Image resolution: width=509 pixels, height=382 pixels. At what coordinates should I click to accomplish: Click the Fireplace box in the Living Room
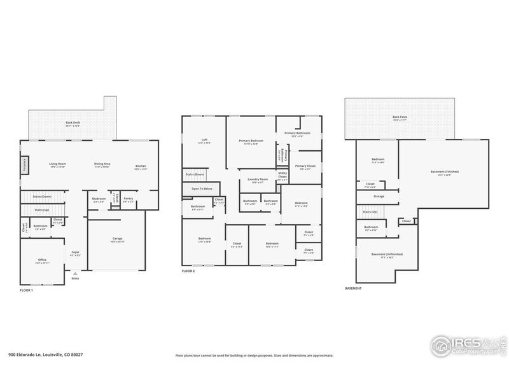25,165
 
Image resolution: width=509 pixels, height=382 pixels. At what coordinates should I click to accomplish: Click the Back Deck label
73,124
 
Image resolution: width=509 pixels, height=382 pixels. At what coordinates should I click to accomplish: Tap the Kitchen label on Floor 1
141,167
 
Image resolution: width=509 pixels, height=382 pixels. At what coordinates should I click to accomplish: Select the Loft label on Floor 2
204,141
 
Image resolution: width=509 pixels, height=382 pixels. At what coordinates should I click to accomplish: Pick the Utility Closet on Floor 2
282,177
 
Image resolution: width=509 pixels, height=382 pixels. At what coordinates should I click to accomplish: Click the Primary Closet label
305,167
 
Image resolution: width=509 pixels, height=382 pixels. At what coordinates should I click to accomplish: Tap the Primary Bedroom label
251,141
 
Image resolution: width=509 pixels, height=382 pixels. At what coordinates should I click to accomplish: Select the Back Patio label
399,118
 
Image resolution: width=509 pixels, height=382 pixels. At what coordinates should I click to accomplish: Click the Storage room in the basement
379,196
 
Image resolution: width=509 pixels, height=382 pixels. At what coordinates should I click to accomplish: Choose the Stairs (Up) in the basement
371,212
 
